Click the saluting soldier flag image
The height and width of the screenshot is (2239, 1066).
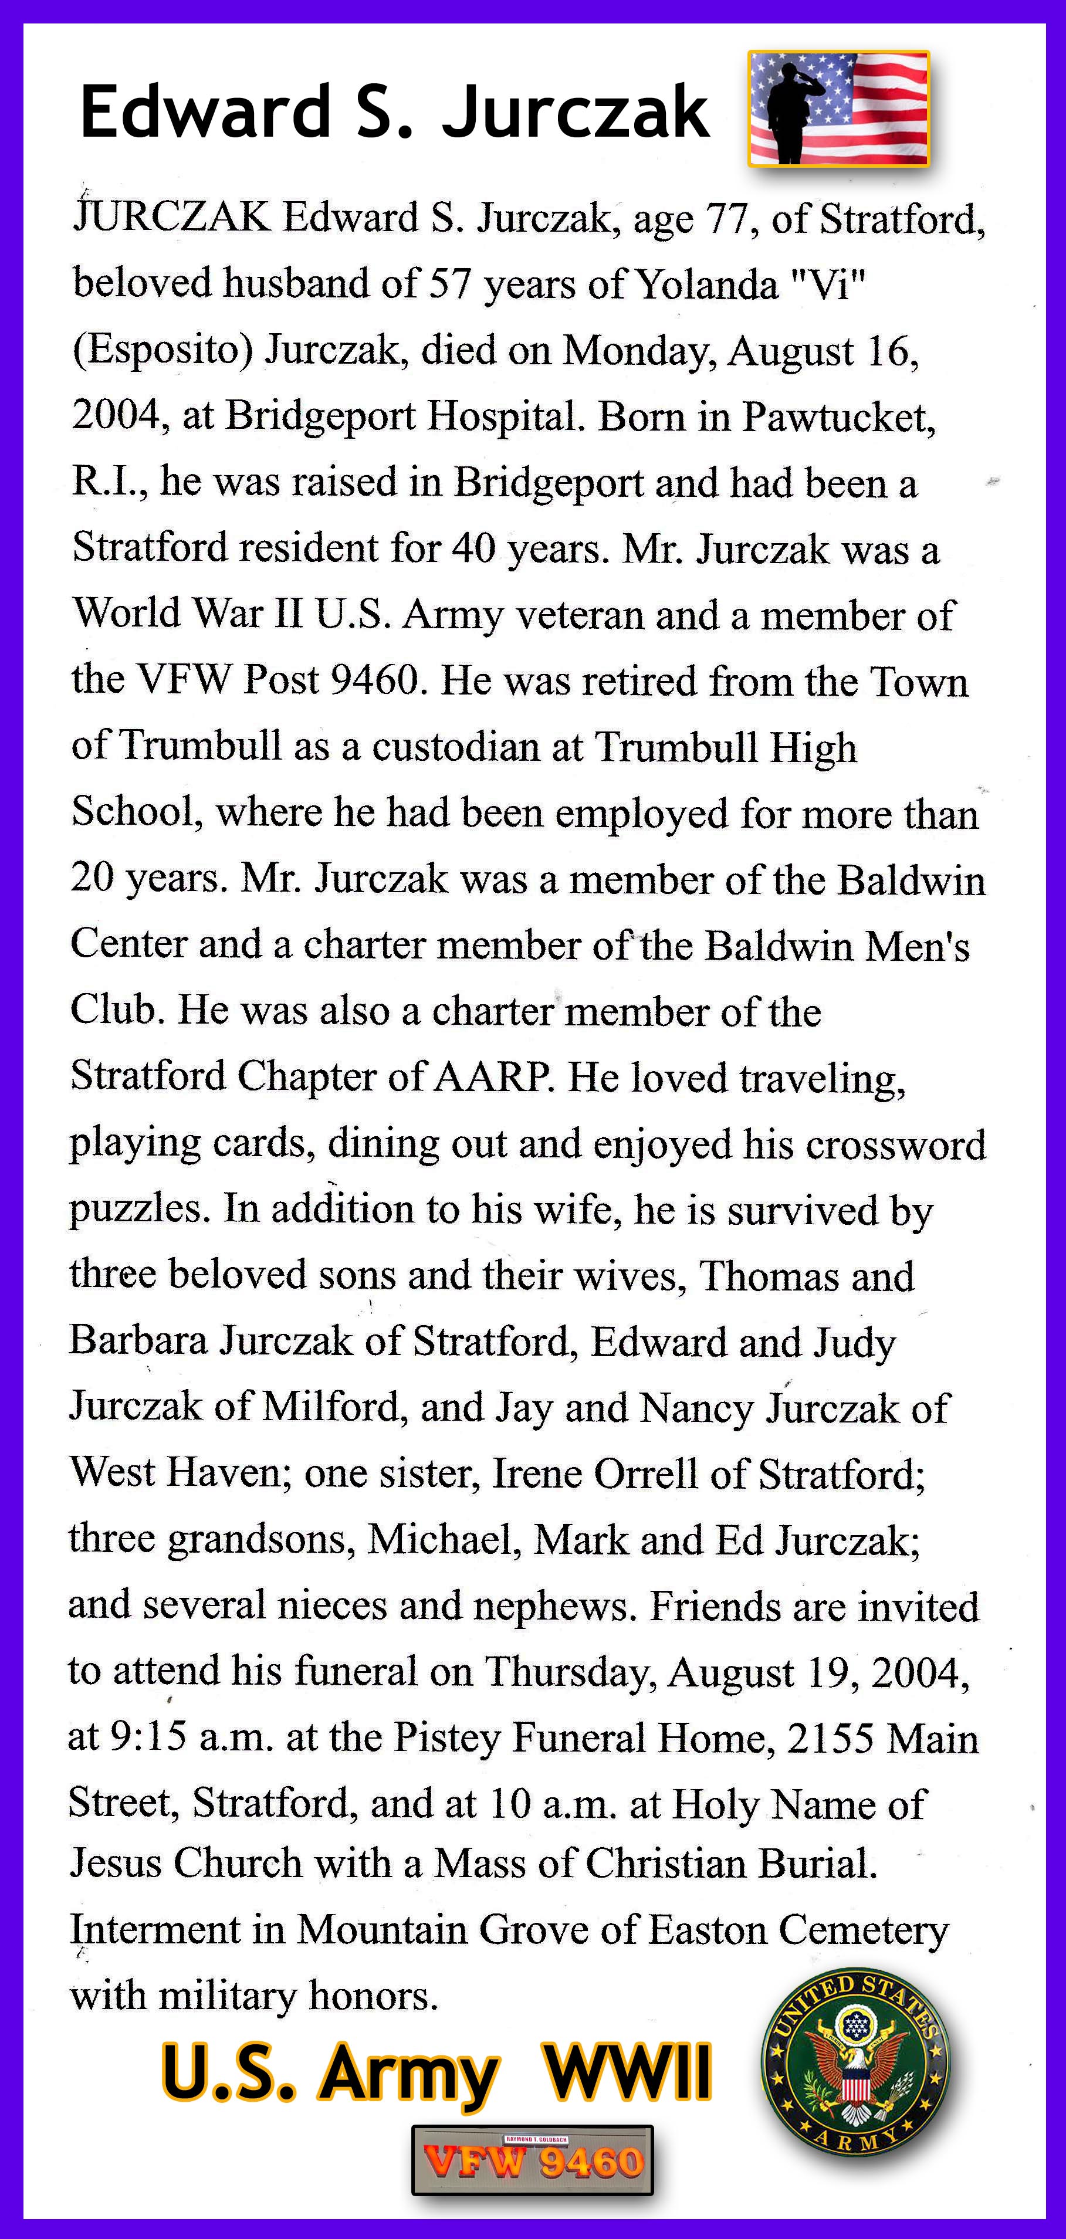(x=838, y=109)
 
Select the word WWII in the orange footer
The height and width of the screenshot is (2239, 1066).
(x=627, y=2073)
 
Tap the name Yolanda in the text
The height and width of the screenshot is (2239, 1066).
(x=706, y=284)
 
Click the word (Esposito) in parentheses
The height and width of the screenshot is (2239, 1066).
(x=163, y=350)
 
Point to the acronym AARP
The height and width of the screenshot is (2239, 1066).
(x=491, y=1077)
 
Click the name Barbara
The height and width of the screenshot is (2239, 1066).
(x=138, y=1341)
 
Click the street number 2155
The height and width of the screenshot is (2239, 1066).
(x=830, y=1739)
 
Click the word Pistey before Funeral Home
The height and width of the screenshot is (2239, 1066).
(x=447, y=1739)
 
